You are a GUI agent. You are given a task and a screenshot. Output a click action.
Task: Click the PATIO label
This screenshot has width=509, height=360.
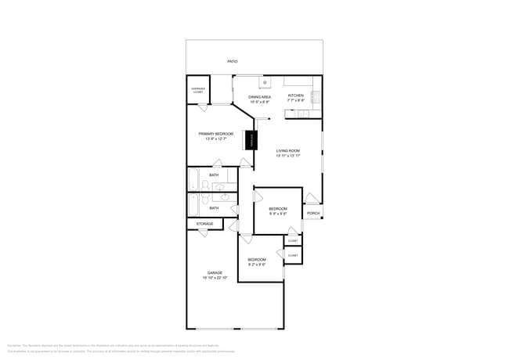pyautogui.click(x=232, y=61)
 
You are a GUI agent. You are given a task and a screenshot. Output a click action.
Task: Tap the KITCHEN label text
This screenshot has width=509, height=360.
pyautogui.click(x=295, y=95)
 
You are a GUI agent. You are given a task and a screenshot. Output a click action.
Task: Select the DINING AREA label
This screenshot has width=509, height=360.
pyautogui.click(x=259, y=96)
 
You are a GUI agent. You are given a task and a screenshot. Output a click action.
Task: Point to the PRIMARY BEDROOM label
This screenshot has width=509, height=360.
pyautogui.click(x=215, y=134)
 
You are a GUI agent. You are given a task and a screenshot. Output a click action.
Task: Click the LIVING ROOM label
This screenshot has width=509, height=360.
pyautogui.click(x=288, y=150)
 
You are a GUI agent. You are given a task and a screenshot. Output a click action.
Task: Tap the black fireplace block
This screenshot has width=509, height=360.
pyautogui.click(x=251, y=140)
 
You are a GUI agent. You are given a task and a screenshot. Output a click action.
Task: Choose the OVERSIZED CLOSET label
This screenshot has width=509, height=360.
pyautogui.click(x=198, y=91)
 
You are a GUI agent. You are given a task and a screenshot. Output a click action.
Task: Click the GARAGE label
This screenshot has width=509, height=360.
pyautogui.click(x=215, y=272)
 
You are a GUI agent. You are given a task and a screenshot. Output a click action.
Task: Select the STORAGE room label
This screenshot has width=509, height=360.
pyautogui.click(x=204, y=224)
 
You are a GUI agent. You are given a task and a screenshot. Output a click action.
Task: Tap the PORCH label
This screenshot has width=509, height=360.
pyautogui.click(x=312, y=213)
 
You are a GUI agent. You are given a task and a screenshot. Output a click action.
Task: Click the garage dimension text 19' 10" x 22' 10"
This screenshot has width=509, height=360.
pyautogui.click(x=215, y=278)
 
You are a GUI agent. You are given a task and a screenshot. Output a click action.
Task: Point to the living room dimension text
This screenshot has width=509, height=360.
pyautogui.click(x=288, y=156)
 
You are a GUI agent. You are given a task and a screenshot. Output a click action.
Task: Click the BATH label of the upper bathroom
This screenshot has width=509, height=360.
pyautogui.click(x=214, y=175)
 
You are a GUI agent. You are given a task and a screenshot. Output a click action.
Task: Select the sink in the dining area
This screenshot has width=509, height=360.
pyautogui.click(x=265, y=81)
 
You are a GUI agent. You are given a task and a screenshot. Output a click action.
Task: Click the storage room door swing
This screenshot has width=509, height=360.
pyautogui.click(x=203, y=232)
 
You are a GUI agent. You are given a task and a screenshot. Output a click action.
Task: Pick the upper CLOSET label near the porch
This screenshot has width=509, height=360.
pyautogui.click(x=292, y=240)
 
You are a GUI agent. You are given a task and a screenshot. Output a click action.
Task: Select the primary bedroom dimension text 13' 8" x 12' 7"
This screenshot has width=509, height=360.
pyautogui.click(x=215, y=139)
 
